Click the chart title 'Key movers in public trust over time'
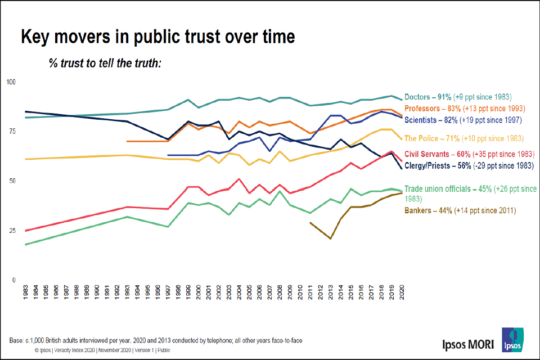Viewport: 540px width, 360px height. [157, 38]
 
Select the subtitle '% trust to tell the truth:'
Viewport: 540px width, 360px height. [105, 62]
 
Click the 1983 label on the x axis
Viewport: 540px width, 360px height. [26, 295]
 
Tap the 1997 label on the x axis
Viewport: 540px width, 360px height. [168, 295]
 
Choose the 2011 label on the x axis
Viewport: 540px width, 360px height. [310, 295]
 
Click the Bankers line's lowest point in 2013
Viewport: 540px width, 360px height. [330, 238]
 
